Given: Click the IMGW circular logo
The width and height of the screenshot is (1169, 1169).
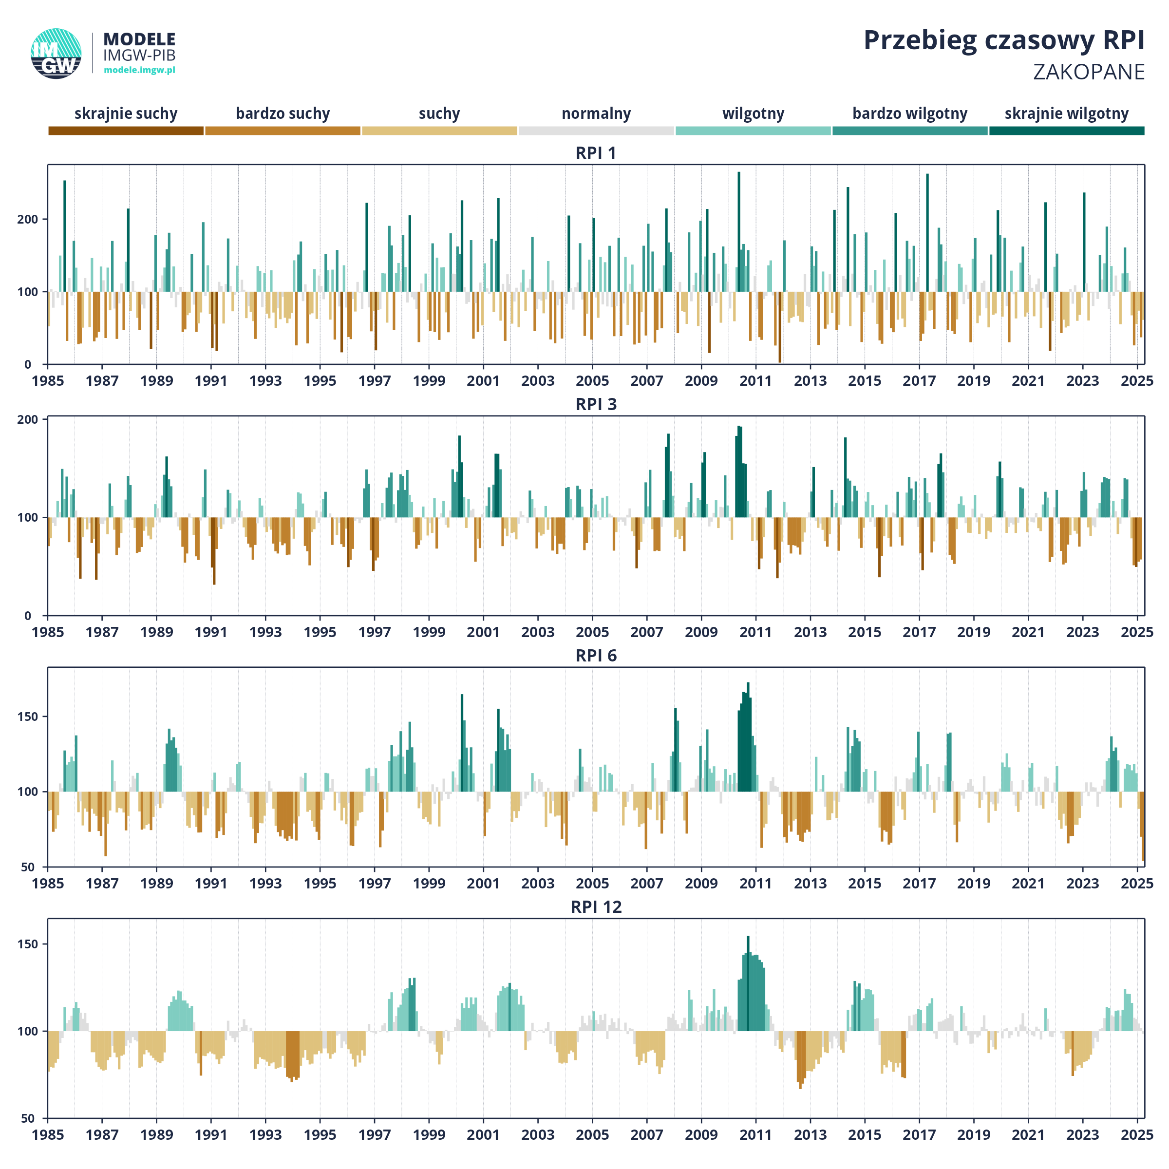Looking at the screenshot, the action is click(x=57, y=53).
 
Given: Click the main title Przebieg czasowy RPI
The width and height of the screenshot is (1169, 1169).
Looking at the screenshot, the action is click(x=1004, y=40).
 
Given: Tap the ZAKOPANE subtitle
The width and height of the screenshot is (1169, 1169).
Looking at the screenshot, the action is click(x=1089, y=72).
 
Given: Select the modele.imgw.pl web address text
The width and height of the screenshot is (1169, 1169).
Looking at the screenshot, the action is click(x=140, y=70).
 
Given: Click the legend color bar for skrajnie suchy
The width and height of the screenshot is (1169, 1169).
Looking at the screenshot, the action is click(x=126, y=131).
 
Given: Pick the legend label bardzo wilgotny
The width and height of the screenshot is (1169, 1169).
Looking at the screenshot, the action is click(x=909, y=114).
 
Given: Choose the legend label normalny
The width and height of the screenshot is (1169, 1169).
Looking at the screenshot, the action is click(x=596, y=114).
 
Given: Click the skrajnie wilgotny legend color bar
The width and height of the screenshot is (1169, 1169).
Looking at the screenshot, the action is click(x=1067, y=131).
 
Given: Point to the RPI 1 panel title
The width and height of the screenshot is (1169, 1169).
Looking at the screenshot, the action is click(x=596, y=153).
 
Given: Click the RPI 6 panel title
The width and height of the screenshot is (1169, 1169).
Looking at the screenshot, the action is click(x=596, y=656).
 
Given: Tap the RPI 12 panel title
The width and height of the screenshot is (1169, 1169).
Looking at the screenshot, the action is click(x=596, y=907).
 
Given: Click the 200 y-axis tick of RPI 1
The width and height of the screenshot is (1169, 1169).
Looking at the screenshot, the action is click(x=28, y=219).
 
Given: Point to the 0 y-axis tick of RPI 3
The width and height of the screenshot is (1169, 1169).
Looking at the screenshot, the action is click(x=28, y=616).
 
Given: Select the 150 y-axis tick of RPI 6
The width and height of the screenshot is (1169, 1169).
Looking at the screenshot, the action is click(x=28, y=716).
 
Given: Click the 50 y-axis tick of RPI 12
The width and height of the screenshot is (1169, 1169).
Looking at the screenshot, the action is click(x=28, y=1119).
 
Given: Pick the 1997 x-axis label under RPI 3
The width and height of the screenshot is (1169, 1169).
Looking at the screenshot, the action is click(x=375, y=632).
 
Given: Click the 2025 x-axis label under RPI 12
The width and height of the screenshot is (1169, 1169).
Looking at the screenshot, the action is click(x=1137, y=1135).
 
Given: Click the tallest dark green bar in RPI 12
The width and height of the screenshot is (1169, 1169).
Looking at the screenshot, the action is click(x=748, y=984).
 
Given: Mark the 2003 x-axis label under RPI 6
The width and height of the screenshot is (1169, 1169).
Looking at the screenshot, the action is click(x=538, y=884).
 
